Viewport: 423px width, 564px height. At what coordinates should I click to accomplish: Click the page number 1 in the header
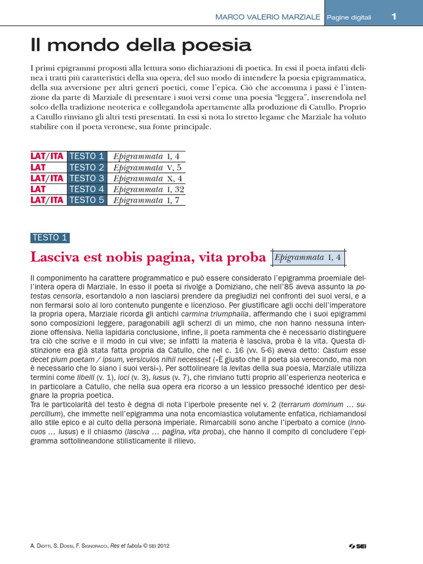[x=394, y=17]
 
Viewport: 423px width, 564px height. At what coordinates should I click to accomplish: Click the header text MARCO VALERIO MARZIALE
[x=267, y=17]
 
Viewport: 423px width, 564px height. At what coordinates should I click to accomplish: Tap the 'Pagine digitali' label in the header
[x=349, y=18]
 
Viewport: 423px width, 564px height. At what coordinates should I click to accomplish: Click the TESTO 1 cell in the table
[x=86, y=156]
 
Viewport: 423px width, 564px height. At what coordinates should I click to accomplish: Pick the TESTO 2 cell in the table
[x=86, y=167]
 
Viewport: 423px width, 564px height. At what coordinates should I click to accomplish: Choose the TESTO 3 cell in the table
[x=86, y=178]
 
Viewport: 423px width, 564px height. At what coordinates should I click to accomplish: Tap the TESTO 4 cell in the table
[x=86, y=189]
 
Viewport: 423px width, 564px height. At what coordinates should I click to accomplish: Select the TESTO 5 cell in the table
[x=86, y=200]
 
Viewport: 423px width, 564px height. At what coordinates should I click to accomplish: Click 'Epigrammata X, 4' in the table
[x=147, y=178]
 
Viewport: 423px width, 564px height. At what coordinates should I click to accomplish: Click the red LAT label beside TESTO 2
[x=38, y=167]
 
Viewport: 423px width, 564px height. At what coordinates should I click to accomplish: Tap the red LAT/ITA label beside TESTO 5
[x=47, y=200]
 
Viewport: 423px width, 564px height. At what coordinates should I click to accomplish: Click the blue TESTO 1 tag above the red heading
[x=50, y=238]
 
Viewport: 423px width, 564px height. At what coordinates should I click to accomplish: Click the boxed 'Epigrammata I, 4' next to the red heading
[x=308, y=257]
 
